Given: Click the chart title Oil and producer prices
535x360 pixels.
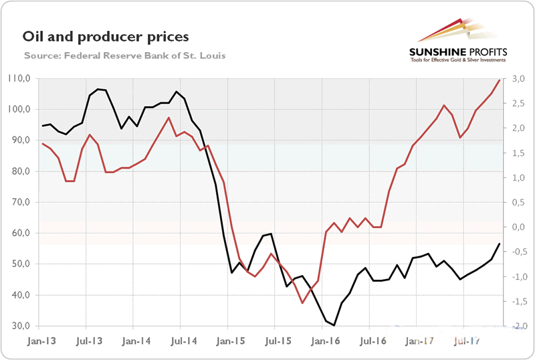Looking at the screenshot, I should (x=106, y=36).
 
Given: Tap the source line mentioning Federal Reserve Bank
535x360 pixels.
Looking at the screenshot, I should (x=124, y=55).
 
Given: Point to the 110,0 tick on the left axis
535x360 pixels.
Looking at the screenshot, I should (x=19, y=78).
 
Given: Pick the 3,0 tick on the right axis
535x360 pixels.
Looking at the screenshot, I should (x=518, y=78).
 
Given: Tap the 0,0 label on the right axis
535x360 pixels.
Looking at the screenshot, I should (x=518, y=227).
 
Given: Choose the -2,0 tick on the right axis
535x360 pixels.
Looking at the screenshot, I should (x=517, y=326).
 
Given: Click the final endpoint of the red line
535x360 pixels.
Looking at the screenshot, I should (x=499, y=80).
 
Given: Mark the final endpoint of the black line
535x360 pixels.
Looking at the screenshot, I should (x=499, y=244).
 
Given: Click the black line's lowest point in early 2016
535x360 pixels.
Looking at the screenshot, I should (x=334, y=325).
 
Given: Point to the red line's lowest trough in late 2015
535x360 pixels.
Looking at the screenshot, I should (x=302, y=303).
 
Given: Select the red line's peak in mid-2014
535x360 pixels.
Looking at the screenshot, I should (x=169, y=118).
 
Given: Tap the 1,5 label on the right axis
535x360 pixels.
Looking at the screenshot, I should (x=518, y=153).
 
